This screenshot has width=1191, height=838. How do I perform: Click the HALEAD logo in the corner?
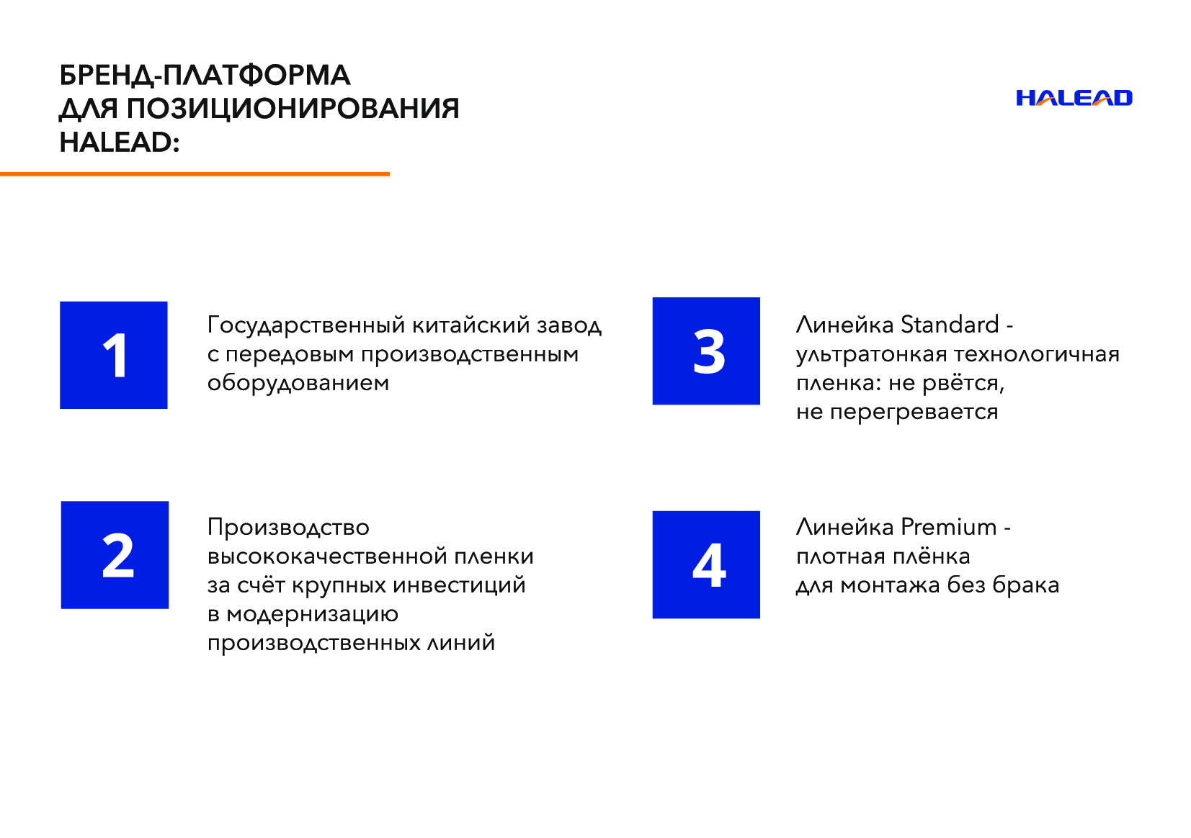[x=1074, y=98]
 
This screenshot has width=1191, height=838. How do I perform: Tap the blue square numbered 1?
[x=114, y=355]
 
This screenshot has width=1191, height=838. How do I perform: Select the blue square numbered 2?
[x=115, y=555]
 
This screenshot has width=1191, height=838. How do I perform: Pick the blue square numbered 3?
[x=706, y=351]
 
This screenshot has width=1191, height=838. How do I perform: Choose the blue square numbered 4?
[x=706, y=564]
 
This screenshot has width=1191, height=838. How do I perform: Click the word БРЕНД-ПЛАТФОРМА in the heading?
[x=205, y=75]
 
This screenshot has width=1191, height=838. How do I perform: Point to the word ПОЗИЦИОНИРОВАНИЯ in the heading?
[x=293, y=109]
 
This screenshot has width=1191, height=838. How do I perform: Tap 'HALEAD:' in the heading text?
[x=119, y=143]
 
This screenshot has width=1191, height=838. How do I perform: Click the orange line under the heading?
[x=195, y=174]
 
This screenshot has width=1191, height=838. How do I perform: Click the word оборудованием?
[x=298, y=383]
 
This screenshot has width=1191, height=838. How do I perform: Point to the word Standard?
[x=950, y=324]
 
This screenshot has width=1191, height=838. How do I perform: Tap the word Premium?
[x=948, y=527]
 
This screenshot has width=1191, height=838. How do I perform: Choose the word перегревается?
[x=914, y=413]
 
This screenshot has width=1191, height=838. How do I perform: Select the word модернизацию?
[x=312, y=614]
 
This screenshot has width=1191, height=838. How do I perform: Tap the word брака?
[x=1025, y=585]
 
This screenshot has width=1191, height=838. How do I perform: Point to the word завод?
[x=569, y=325]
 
